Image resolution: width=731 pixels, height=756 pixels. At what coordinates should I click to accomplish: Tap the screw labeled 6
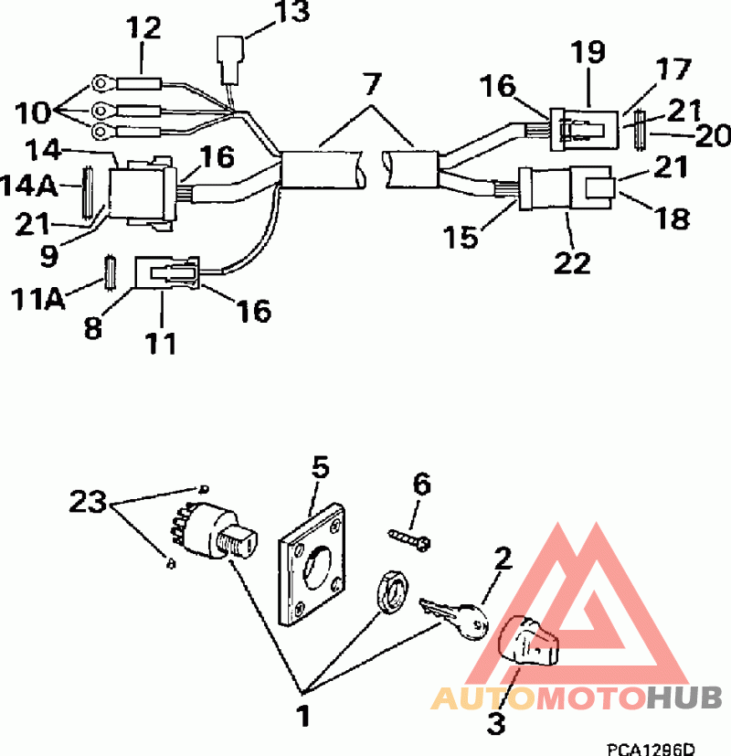click(x=409, y=539)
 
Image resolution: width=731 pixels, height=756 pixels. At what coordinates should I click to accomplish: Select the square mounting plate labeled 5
click(x=312, y=564)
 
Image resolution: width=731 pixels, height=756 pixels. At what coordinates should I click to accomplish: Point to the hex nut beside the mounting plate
click(x=392, y=591)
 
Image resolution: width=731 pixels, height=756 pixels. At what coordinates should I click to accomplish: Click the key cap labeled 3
click(x=528, y=641)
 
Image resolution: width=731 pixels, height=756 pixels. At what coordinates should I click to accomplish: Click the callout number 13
click(x=292, y=12)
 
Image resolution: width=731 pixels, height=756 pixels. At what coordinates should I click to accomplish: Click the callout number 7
click(x=373, y=83)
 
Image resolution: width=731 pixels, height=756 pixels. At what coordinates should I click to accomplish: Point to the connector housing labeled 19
click(x=584, y=129)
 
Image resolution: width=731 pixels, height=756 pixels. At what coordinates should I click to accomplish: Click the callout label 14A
click(x=29, y=186)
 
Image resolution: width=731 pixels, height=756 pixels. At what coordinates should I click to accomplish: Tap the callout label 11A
click(x=37, y=299)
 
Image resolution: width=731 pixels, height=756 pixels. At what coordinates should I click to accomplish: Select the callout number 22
click(x=572, y=262)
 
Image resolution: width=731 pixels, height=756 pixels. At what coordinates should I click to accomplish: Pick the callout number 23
click(x=88, y=502)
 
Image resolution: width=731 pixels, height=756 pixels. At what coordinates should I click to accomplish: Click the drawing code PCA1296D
click(x=651, y=750)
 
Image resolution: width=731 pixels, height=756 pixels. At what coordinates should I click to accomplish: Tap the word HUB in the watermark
click(x=684, y=697)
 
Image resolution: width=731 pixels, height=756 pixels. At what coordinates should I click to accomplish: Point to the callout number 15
click(x=461, y=237)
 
